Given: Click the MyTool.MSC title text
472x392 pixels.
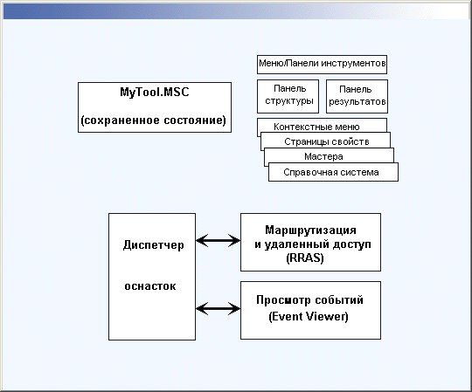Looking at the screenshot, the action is coord(155,92).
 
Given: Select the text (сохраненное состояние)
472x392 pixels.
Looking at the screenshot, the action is coord(154,120).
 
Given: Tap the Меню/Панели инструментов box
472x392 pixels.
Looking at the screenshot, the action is coord(322,65).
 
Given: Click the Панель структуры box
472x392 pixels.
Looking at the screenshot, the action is coord(288,96).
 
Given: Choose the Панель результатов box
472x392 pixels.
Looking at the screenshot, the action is coord(357,96).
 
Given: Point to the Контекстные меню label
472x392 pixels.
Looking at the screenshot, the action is coord(316,127).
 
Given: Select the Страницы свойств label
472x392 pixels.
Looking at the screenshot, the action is coord(327,141).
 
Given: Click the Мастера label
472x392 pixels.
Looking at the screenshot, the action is coord(323,156).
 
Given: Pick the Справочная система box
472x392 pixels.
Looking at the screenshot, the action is coord(333,172).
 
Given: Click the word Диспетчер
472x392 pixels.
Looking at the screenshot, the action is coord(153,245).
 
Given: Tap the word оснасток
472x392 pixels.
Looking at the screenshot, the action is coord(150,285).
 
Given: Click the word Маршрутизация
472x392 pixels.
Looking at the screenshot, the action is coord(310,230).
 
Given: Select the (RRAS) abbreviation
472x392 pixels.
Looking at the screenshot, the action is coord(305,258).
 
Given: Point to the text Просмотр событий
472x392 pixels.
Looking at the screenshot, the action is coord(309,300).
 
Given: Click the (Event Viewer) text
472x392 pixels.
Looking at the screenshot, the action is coord(309,316).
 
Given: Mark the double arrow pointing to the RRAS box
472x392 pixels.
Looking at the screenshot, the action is coord(218,240).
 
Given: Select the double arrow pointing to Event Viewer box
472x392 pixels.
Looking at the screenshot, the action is coord(218,308).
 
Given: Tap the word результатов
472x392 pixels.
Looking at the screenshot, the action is coord(357,101).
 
